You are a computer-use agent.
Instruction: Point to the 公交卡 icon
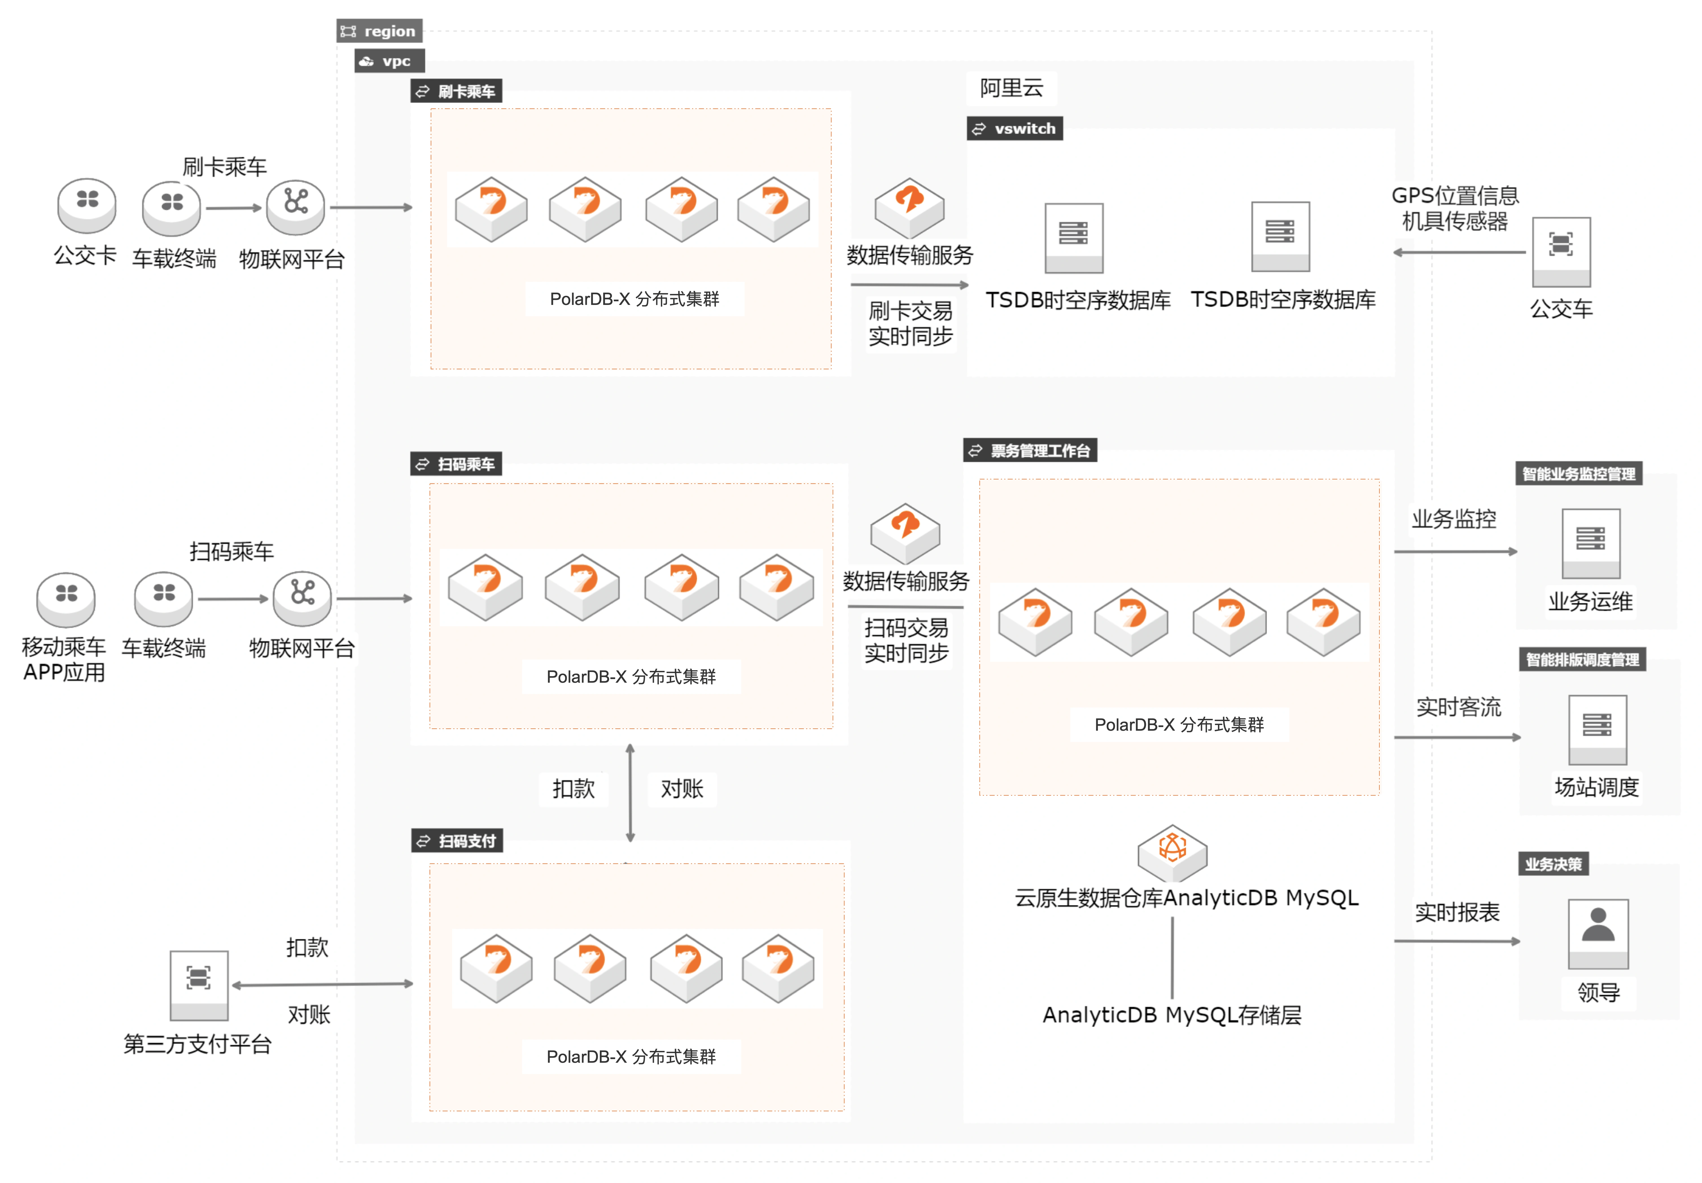coord(87,205)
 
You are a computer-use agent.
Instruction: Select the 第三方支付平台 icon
coord(199,984)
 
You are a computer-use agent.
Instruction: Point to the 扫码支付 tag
coord(457,841)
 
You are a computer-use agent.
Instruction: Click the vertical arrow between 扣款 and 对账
coord(630,793)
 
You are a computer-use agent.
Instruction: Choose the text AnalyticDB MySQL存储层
coord(1171,1015)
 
